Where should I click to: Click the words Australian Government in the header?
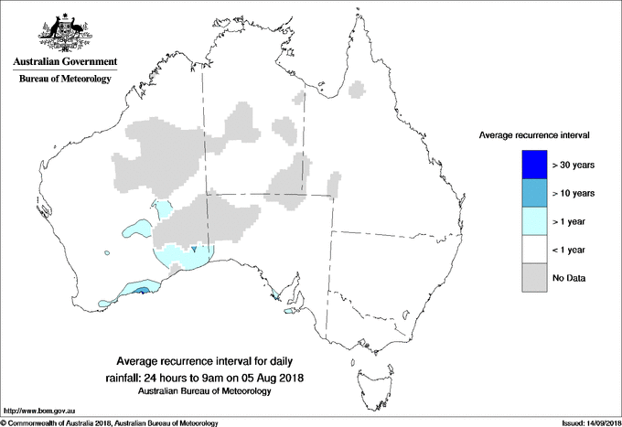point(64,62)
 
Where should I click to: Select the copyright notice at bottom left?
point(110,422)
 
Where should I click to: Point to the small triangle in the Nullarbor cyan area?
point(194,249)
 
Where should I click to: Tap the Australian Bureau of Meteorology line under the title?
point(205,391)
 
